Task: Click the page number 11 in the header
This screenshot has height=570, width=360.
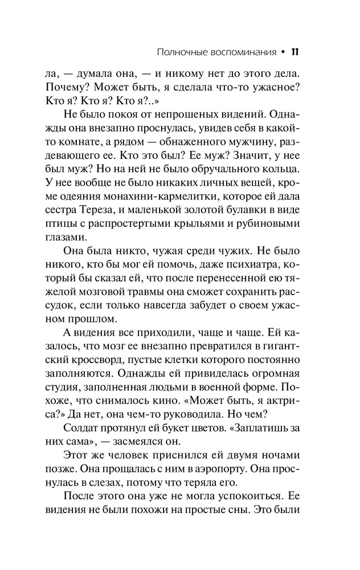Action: point(295,52)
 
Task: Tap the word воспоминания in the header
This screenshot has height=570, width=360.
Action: point(241,53)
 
